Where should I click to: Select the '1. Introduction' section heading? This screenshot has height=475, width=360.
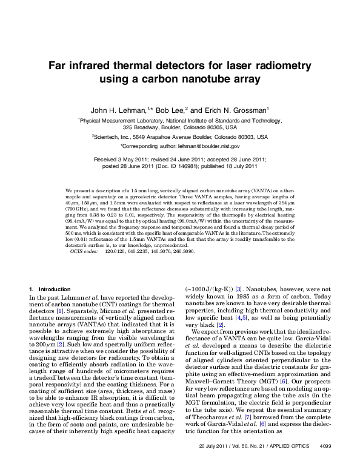point(50,288)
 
